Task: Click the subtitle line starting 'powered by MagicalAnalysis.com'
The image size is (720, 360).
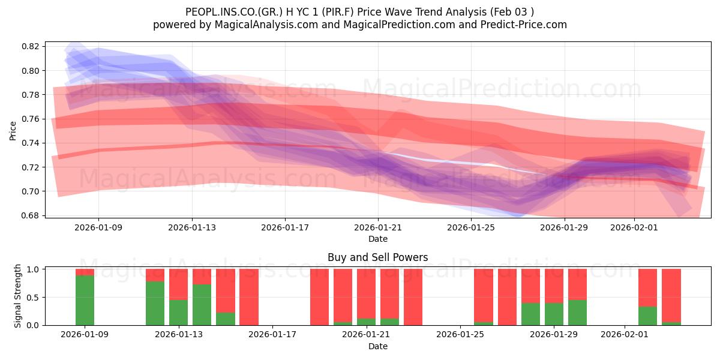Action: point(360,25)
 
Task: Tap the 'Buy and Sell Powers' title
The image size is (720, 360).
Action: point(377,257)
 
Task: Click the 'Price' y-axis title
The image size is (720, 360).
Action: point(13,130)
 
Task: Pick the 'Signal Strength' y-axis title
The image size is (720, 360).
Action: point(18,296)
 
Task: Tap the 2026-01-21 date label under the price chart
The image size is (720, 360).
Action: point(378,227)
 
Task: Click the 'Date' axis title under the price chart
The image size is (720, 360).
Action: point(377,239)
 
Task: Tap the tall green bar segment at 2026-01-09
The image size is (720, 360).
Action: point(85,300)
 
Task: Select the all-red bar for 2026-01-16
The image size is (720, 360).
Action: point(249,297)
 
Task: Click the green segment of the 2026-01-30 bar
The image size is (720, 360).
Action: point(577,313)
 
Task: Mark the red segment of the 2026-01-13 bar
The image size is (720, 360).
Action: point(178,284)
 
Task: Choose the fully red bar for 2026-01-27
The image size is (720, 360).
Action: point(507,297)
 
